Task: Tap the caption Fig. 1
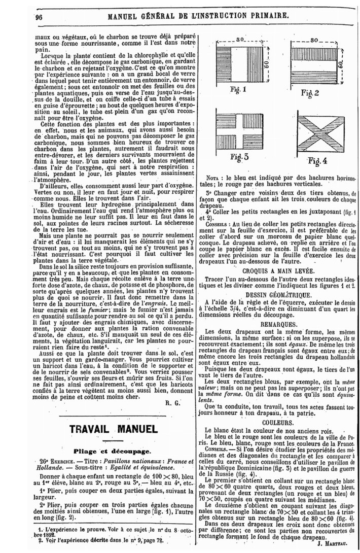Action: point(237,90)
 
